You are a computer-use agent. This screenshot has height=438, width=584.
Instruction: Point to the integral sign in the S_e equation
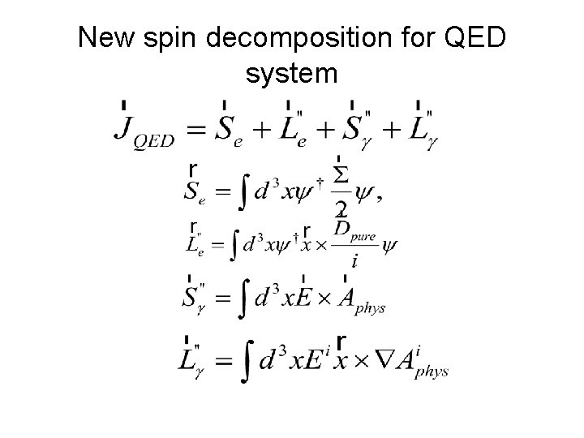240,191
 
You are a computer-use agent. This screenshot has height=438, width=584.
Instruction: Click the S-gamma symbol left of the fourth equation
194,297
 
